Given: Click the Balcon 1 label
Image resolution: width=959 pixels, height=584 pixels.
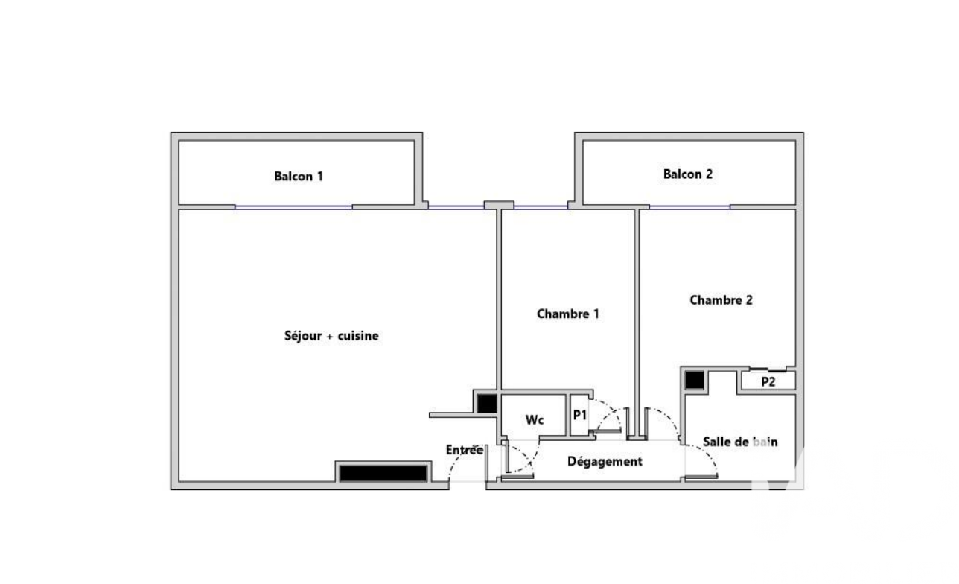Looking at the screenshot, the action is (x=299, y=176).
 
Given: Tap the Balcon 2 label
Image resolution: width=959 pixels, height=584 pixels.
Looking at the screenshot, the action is (x=688, y=174).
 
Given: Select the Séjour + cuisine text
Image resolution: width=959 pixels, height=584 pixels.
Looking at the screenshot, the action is (x=331, y=335).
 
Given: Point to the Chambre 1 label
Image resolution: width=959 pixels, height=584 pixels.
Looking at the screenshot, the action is (x=567, y=314).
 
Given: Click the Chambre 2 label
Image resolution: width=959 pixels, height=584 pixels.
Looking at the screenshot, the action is (x=721, y=300).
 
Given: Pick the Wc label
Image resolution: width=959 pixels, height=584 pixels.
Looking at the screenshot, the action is (x=535, y=420).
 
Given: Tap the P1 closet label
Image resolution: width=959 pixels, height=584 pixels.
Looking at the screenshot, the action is (x=580, y=415).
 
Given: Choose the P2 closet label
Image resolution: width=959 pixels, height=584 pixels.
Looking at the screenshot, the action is (x=768, y=382).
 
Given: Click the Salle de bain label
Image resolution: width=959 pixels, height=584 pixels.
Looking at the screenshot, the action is (x=740, y=442).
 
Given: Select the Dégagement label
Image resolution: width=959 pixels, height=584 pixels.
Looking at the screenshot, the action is (x=605, y=461).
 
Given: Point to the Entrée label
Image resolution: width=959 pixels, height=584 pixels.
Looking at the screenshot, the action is (x=465, y=450).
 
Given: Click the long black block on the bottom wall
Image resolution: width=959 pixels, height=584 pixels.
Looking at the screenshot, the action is (x=383, y=474).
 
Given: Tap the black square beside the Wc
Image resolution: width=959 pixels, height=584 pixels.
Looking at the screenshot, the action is (x=487, y=404).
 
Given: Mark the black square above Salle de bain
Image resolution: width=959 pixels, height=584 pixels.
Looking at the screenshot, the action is (x=694, y=381).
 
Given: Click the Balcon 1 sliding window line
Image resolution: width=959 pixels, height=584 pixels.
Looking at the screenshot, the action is (x=293, y=207).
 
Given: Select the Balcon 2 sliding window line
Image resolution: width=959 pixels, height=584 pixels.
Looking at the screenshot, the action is (x=689, y=207).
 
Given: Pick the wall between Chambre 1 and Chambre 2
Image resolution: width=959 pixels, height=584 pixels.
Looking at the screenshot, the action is (x=637, y=323).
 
